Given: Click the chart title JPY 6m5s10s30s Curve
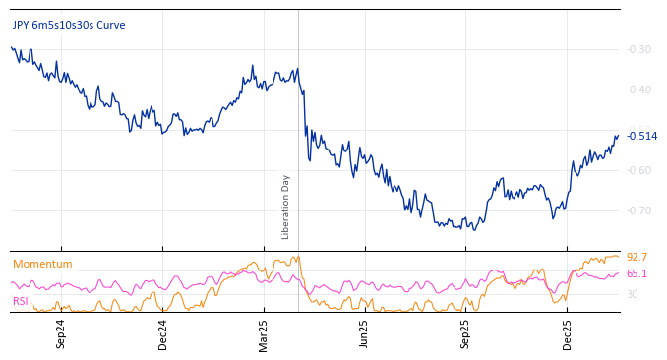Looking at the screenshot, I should tap(69, 25).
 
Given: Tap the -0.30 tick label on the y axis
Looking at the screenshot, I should tap(639, 49).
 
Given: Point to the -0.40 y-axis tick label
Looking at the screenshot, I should tap(639, 90).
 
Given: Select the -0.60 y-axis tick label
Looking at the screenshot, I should tap(639, 170).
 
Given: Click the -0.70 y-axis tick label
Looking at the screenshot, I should tap(639, 210).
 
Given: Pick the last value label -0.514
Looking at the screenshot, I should tap(641, 137).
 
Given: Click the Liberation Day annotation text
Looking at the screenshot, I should tap(286, 207).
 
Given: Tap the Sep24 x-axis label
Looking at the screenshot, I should tap(61, 333).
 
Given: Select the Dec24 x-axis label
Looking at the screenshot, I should tap(163, 333).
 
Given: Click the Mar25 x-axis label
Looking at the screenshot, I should tap(264, 333).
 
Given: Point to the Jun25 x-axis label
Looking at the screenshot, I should tap(364, 333).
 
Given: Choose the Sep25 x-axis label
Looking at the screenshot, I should tap(465, 333).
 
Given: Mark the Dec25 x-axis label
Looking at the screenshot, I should tap(568, 333).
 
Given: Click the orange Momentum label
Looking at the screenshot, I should tap(42, 264).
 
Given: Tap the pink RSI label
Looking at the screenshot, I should tap(20, 301).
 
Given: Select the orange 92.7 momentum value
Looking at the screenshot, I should tap(637, 257).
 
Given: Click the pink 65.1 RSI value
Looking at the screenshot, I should tap(637, 273).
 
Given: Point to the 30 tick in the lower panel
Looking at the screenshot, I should tap(633, 294).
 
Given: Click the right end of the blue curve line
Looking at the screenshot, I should tap(618, 136).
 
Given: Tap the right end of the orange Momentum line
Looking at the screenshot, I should tap(618, 257).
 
